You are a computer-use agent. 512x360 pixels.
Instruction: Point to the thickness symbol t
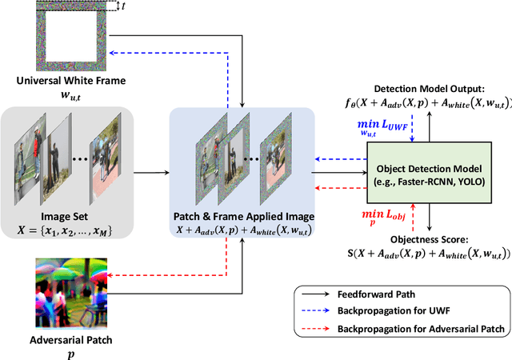coord(122,6)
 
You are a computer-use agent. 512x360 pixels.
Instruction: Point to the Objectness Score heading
coord(431,239)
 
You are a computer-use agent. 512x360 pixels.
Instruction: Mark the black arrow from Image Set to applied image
coord(147,171)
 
